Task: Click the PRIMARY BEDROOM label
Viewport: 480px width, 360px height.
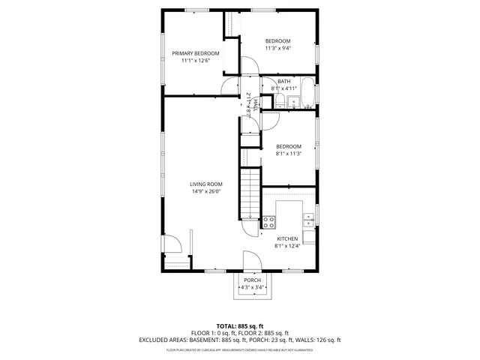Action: pos(196,53)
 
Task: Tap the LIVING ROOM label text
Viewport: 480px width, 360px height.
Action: pos(205,184)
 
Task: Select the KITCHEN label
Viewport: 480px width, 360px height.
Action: pos(287,238)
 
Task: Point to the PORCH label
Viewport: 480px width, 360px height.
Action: pos(252,280)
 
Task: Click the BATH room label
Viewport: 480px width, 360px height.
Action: pos(283,82)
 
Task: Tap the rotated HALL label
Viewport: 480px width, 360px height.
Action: pos(255,104)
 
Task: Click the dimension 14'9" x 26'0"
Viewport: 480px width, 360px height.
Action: pos(205,191)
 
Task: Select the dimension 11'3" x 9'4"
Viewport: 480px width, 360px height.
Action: pos(277,48)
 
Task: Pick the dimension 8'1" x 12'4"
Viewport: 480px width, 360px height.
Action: pos(287,246)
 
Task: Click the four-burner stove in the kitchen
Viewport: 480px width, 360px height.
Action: pos(268,222)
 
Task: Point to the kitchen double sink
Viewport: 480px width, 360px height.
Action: pos(309,219)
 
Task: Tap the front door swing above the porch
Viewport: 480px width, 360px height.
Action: pos(251,262)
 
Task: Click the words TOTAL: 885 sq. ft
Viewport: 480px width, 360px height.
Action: pos(239,325)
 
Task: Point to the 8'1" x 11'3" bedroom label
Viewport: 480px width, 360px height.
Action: pos(288,150)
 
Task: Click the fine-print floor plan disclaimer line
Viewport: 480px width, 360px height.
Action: pos(239,349)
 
